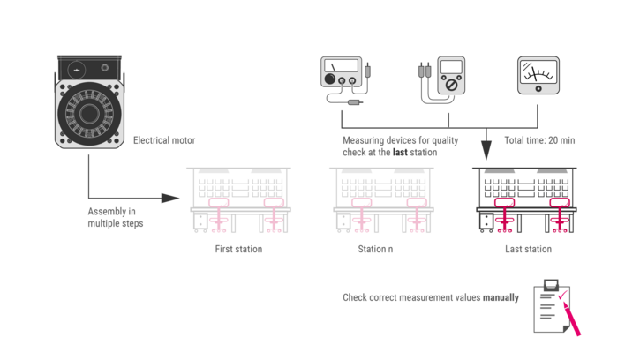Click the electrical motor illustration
(x=89, y=101)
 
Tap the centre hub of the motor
(x=89, y=113)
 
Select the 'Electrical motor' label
(x=164, y=139)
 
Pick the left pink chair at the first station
(x=218, y=214)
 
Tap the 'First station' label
(x=237, y=249)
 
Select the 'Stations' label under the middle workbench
(x=375, y=249)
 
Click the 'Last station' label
(x=528, y=249)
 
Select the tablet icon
(x=538, y=76)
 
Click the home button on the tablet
(x=553, y=76)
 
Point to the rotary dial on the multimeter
(x=451, y=85)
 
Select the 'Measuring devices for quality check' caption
(x=400, y=146)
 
